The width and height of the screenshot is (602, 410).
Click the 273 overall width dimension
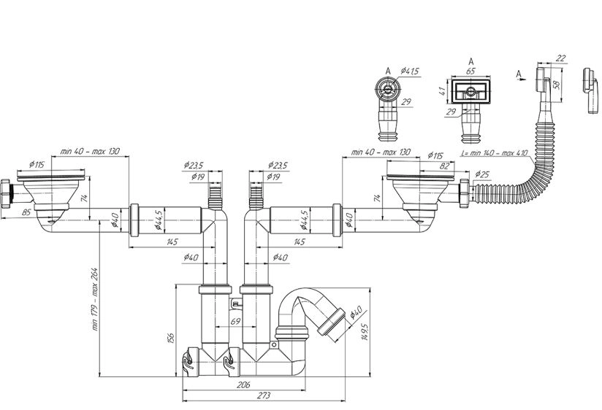(264, 395)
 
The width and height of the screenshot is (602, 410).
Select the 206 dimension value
(243, 384)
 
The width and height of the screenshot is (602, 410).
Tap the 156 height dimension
(171, 338)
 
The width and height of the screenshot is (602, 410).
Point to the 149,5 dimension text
(365, 331)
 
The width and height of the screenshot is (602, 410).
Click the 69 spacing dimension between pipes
(235, 321)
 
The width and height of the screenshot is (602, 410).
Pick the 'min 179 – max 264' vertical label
(95, 299)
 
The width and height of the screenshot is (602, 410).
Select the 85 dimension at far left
(26, 212)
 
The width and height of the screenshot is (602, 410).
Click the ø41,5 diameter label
(410, 71)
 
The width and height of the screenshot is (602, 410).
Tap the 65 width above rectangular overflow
(470, 71)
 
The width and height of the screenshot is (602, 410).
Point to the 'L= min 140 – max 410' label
(495, 153)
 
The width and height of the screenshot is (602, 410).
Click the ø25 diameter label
(482, 174)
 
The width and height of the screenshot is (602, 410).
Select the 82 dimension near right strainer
(444, 166)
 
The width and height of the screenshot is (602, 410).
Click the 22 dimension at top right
(561, 58)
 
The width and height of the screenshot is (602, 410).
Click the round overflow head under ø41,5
(387, 88)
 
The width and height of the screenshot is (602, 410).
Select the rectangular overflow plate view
(471, 91)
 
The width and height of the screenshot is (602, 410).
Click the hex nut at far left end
(5, 193)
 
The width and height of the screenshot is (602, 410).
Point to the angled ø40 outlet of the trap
(332, 320)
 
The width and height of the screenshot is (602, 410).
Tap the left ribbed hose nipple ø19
(216, 198)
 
